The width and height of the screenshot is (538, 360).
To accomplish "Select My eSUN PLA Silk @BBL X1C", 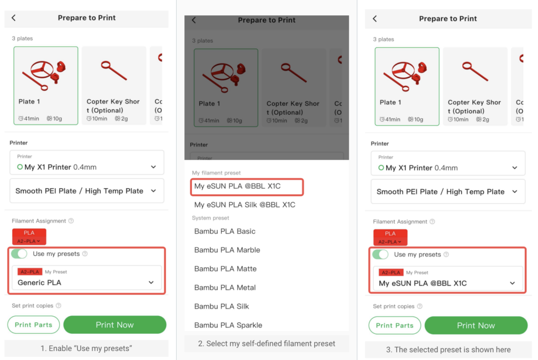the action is [x=245, y=205].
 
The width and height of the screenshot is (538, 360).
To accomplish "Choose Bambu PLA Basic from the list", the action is [x=225, y=231].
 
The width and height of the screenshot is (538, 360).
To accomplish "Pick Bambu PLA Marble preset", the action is [x=227, y=250].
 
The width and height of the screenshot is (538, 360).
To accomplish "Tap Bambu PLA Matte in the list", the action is [x=225, y=269].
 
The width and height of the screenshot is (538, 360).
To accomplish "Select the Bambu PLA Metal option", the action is [x=225, y=287].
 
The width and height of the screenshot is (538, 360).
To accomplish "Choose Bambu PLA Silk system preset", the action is [x=222, y=306].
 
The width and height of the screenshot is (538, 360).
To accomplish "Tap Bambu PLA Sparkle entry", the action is [x=228, y=325].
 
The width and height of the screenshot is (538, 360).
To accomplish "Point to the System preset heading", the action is [x=210, y=218].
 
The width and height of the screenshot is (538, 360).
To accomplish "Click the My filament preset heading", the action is [x=216, y=173].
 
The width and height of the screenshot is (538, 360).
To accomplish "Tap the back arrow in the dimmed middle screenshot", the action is [x=194, y=20].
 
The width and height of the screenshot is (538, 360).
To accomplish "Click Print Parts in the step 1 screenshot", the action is [x=34, y=325].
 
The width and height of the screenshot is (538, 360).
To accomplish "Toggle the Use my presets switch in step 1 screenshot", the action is [x=19, y=254].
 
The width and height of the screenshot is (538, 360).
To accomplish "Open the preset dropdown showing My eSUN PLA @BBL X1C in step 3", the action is [x=448, y=279].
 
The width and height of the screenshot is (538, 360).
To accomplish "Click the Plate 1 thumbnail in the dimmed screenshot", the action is [x=226, y=88].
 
